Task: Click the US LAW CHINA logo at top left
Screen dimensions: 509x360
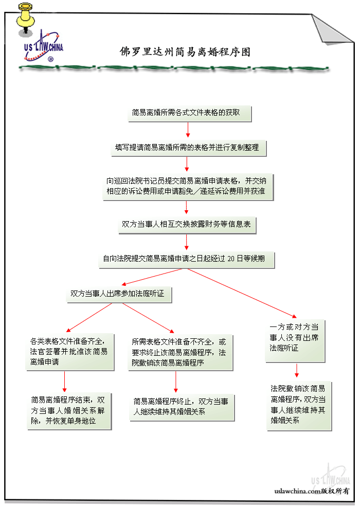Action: pyautogui.click(x=43, y=48)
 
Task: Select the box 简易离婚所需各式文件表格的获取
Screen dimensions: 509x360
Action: pyautogui.click(x=189, y=113)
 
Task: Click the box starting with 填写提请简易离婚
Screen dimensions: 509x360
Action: pyautogui.click(x=187, y=148)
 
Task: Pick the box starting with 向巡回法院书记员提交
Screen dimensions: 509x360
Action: pyautogui.click(x=187, y=187)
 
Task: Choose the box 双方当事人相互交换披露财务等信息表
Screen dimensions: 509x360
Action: pyautogui.click(x=186, y=225)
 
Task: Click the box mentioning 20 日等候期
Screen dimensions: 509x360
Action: pyautogui.click(x=187, y=259)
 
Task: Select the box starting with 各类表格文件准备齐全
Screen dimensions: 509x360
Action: pyautogui.click(x=69, y=351)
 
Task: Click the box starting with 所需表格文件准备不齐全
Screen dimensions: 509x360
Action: pyautogui.click(x=179, y=352)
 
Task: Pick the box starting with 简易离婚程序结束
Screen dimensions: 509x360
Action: pyautogui.click(x=69, y=410)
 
